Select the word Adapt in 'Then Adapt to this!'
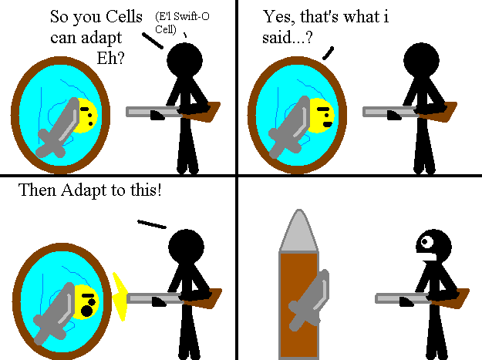[x=88, y=190]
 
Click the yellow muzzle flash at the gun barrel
[x=120, y=296]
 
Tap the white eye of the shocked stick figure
[x=423, y=244]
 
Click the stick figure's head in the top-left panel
[x=185, y=59]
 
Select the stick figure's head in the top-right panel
[x=421, y=59]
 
